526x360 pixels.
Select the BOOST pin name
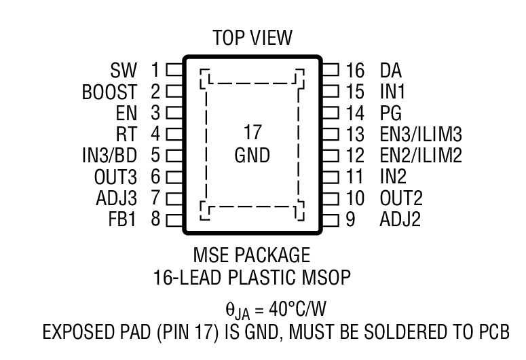point(109,92)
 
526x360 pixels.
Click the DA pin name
point(391,70)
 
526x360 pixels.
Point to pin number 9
point(350,220)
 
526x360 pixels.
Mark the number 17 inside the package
point(251,132)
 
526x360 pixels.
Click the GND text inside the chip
point(251,156)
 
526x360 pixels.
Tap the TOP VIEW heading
point(251,37)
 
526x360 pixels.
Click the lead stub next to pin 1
point(174,70)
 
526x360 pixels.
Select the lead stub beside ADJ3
point(174,198)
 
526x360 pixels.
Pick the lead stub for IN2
point(330,177)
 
